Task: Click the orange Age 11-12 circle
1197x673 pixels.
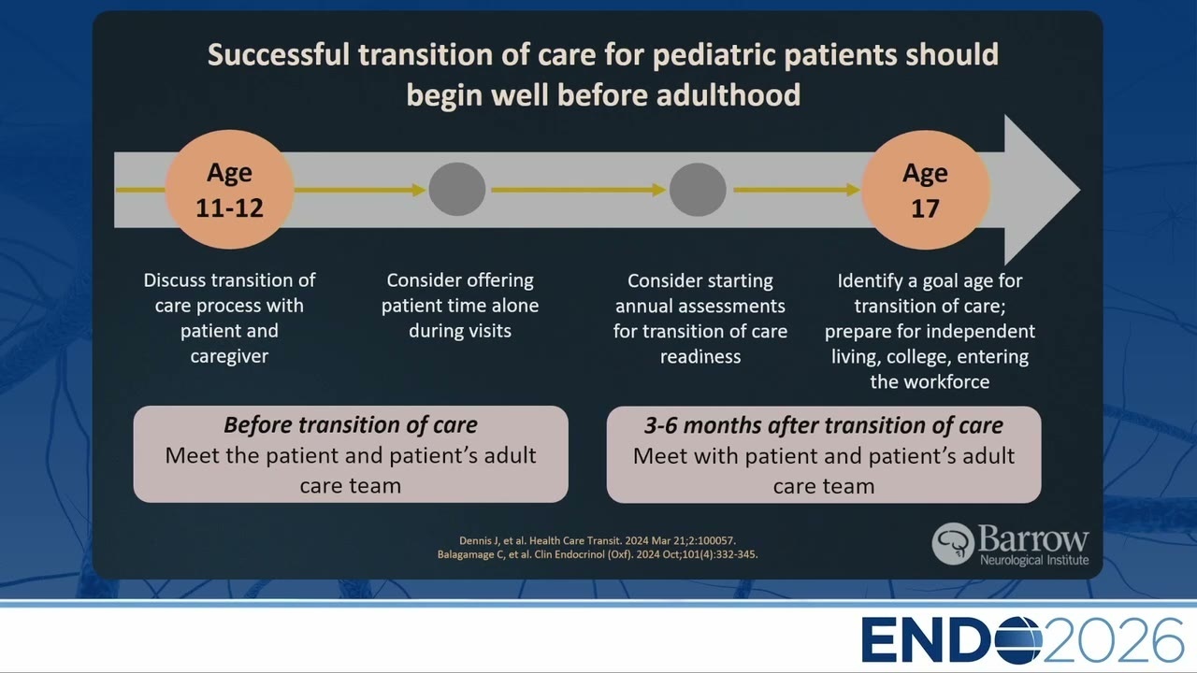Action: click(229, 190)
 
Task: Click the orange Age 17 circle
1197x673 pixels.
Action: click(926, 190)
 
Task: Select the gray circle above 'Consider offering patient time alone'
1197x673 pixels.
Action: click(457, 190)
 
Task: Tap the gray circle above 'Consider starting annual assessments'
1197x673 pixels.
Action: click(698, 190)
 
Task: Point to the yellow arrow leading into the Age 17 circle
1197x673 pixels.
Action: click(797, 190)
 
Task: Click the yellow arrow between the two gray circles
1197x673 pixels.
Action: click(579, 190)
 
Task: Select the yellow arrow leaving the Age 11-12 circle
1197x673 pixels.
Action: click(360, 190)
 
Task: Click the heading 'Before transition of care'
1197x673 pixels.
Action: click(351, 425)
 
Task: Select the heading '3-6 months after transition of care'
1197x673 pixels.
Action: click(824, 425)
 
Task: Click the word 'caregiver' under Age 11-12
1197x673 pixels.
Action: click(229, 357)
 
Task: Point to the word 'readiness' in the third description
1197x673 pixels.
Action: click(700, 357)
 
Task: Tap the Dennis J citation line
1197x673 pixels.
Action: click(598, 540)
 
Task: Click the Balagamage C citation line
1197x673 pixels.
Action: click(598, 554)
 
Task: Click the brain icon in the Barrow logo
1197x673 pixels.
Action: click(953, 544)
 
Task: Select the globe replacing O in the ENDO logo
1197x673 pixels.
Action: click(1017, 640)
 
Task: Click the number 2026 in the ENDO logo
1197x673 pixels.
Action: click(1113, 640)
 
